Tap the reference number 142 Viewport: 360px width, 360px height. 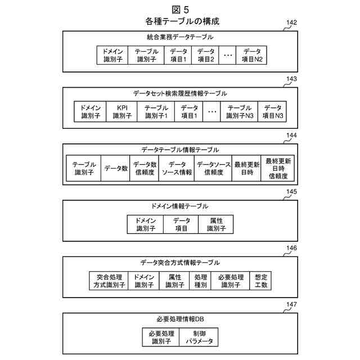(291, 23)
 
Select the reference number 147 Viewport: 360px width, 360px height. (291, 305)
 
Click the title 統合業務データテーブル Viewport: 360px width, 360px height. (180, 37)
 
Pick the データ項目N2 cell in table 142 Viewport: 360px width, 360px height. (252, 55)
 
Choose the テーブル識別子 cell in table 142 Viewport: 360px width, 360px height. (146, 55)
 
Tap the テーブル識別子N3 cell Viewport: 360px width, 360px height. (240, 111)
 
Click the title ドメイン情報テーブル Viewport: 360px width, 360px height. (180, 206)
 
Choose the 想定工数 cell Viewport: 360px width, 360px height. (260, 281)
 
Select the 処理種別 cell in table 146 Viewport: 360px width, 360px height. (201, 281)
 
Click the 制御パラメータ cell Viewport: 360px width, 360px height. (199, 337)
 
